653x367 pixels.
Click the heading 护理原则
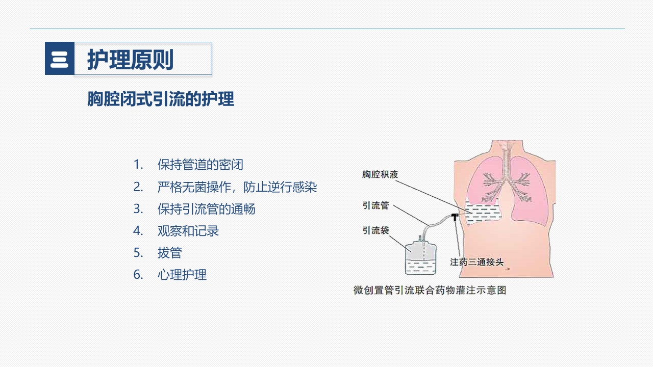click(130, 60)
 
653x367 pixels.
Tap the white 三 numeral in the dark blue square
click(60, 60)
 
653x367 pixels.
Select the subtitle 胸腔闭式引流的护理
click(161, 99)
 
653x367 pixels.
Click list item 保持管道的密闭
click(200, 165)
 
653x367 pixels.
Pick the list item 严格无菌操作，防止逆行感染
click(237, 187)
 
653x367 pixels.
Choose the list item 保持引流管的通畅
click(207, 209)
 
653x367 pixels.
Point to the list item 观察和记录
click(188, 231)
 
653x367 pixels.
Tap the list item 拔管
click(170, 252)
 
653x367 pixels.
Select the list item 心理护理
click(182, 275)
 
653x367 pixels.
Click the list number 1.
click(138, 165)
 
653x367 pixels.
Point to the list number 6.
click(138, 275)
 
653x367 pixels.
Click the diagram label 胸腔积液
click(380, 174)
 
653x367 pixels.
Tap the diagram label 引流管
click(375, 205)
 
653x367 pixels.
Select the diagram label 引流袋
click(375, 230)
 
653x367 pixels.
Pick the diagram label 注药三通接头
click(476, 262)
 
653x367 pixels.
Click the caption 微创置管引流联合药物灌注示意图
click(430, 290)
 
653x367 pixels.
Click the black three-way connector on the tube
click(455, 217)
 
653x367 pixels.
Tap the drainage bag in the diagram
click(421, 258)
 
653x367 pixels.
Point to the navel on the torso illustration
click(507, 269)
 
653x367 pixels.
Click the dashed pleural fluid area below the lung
click(483, 214)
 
